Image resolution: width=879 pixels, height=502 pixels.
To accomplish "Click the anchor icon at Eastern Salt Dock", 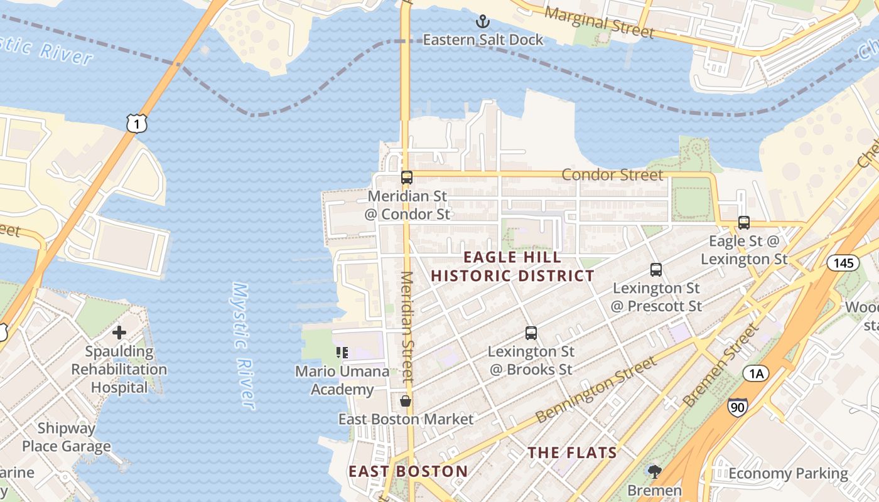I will (x=482, y=22).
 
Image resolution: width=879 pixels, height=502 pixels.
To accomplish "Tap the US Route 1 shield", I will (x=137, y=123).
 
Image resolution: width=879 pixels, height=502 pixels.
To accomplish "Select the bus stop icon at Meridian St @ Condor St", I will (x=407, y=178).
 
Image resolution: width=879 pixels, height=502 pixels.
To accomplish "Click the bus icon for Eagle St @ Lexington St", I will (x=744, y=222).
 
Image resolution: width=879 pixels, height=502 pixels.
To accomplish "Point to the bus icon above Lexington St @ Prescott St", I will (x=656, y=270).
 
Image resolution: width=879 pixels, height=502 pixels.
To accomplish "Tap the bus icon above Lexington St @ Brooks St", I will (x=531, y=333).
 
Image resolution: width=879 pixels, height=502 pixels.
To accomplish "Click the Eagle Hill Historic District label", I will (x=512, y=267).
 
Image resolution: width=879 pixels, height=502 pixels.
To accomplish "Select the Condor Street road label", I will (x=612, y=174).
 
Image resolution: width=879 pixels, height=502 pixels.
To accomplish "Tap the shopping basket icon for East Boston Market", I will (x=406, y=400).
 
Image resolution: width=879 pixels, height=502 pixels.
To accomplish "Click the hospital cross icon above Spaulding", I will (x=119, y=333).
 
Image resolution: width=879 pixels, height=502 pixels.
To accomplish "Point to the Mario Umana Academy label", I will (x=342, y=380).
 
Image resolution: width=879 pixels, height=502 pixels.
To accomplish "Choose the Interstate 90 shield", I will (x=738, y=407).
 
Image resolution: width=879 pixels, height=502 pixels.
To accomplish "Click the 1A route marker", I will (x=756, y=374).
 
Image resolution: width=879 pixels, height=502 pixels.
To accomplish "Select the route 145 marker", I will (x=843, y=262).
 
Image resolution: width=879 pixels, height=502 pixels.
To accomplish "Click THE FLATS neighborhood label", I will (x=572, y=452).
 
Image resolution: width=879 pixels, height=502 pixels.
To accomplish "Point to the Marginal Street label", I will (x=600, y=23).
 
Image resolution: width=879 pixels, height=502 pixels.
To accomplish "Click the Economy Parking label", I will (x=788, y=473).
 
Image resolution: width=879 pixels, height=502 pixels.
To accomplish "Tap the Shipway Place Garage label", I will (x=67, y=437).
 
